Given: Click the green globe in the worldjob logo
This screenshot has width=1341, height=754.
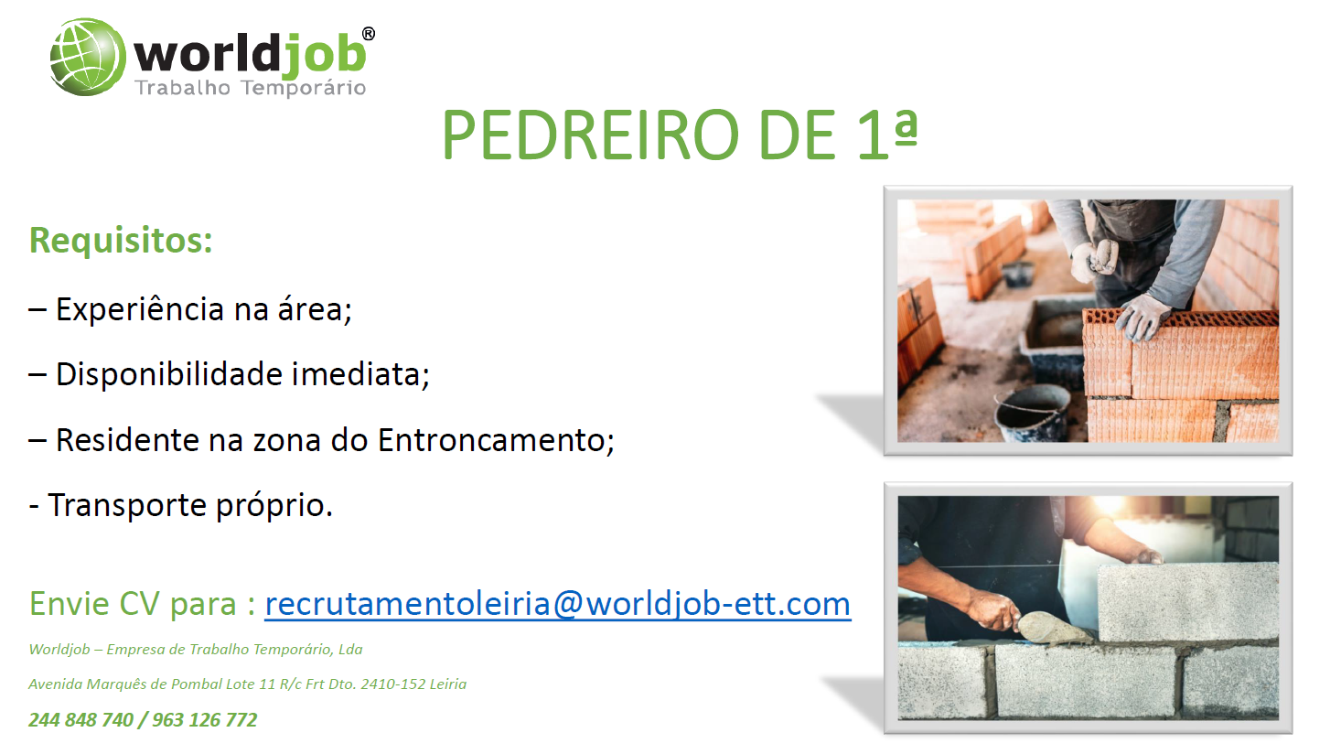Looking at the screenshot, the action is click(88, 57).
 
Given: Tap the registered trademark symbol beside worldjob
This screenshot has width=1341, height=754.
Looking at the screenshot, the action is click(369, 34).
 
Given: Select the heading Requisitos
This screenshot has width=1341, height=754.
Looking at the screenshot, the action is click(121, 240).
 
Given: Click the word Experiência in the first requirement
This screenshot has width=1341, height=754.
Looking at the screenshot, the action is click(140, 309).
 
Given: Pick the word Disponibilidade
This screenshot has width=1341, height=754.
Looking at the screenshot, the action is click(169, 374).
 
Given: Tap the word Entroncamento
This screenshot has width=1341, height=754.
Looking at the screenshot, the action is click(496, 440).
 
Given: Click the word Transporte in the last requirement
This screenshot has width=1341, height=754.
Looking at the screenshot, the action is click(127, 506).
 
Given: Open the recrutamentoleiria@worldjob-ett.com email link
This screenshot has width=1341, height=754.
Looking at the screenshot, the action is click(557, 604).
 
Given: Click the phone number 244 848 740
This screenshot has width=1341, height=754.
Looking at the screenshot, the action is click(80, 719).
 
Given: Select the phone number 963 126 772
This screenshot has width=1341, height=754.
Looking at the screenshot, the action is click(205, 719).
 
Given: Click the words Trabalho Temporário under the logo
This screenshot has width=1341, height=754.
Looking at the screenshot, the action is click(251, 88).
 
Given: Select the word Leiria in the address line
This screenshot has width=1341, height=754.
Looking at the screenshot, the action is click(448, 684).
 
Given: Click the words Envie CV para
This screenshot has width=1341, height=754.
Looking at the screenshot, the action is click(133, 604).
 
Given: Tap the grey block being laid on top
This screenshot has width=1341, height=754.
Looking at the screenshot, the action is click(1188, 602).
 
